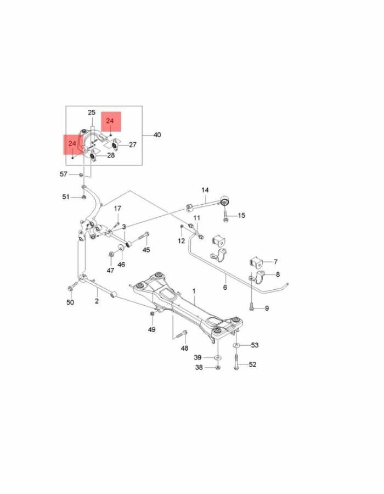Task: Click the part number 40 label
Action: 157,135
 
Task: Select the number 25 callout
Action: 92,113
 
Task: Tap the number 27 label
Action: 133,144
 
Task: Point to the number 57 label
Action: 64,174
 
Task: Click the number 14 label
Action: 205,190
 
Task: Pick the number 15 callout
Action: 241,216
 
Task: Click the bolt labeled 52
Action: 236,361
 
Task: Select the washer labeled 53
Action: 236,346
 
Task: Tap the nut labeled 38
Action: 217,367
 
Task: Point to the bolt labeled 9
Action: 251,307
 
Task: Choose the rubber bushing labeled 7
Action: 256,261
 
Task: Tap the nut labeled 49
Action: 152,313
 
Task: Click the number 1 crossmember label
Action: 194,291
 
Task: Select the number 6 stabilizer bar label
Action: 225,287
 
